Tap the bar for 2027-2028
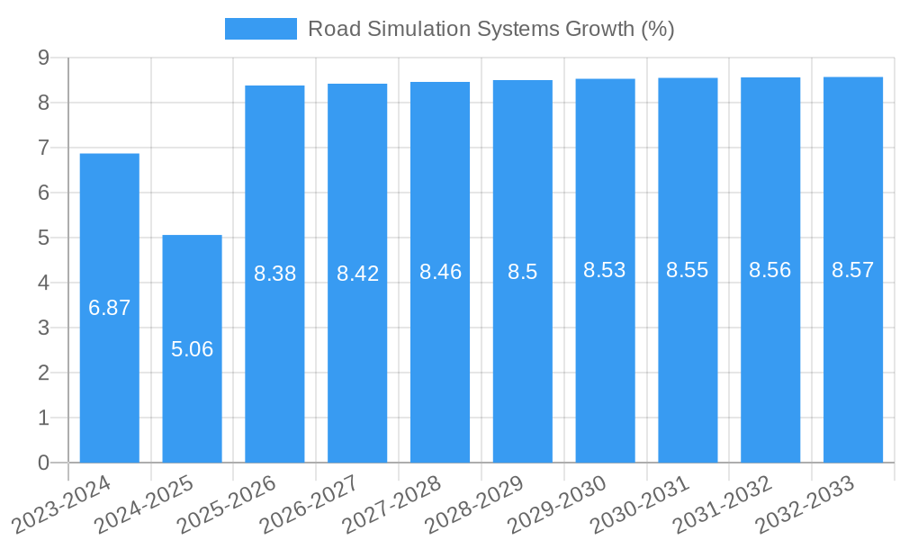coord(440,360)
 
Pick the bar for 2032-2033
coord(853,360)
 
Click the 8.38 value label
coord(275,274)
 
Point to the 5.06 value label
coord(193,349)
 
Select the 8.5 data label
coord(523,272)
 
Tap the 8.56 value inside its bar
coord(770,270)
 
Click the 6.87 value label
coord(110,308)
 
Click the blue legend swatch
coord(260,29)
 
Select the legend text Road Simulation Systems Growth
coord(491,29)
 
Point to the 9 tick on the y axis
coord(43,58)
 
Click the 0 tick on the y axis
coord(43,463)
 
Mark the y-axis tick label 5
coord(43,238)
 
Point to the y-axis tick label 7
coord(43,148)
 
